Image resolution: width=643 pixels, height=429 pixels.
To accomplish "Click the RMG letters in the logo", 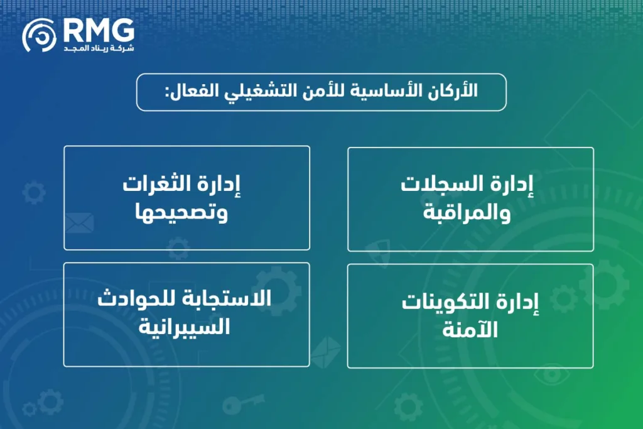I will click(99, 30).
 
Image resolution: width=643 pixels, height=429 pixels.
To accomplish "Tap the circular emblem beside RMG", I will click(40, 35).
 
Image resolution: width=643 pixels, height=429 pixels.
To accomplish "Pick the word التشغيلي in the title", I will click(282, 91).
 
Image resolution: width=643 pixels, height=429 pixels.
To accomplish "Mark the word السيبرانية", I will click(187, 327).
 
